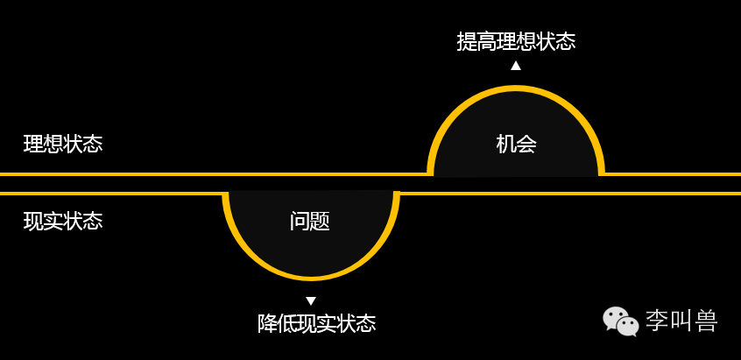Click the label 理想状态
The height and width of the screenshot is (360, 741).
63,144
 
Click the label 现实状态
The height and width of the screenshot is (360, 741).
63,221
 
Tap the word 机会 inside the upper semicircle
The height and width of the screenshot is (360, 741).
516,144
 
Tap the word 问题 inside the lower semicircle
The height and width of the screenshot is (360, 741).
310,221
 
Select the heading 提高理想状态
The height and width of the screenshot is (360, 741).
516,41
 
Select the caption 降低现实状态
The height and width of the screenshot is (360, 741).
316,323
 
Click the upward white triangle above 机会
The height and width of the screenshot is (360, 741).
516,65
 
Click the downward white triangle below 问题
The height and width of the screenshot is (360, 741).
311,301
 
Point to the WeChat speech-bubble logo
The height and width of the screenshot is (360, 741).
620,321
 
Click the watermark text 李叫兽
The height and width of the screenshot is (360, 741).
681,321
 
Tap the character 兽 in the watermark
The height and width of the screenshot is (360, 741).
706,321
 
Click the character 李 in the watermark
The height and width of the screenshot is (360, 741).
657,321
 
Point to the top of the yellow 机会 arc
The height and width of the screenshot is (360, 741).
516,88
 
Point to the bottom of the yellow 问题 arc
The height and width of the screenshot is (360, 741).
311,278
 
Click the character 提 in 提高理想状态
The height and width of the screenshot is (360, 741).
467,41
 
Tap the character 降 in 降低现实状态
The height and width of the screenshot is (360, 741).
267,323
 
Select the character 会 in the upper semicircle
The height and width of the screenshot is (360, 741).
526,144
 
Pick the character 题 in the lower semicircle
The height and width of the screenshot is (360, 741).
321,221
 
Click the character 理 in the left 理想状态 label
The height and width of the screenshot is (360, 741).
33,144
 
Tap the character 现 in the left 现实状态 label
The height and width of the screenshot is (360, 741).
33,221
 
